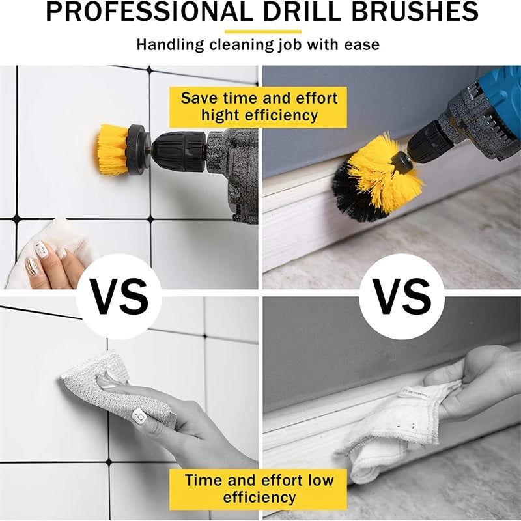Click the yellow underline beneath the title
[263, 31]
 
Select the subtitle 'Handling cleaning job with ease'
[258, 46]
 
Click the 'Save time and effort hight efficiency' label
[259, 107]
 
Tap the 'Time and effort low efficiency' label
[259, 488]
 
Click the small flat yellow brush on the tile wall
[112, 149]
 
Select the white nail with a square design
[139, 415]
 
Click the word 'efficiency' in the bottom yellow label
[259, 498]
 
